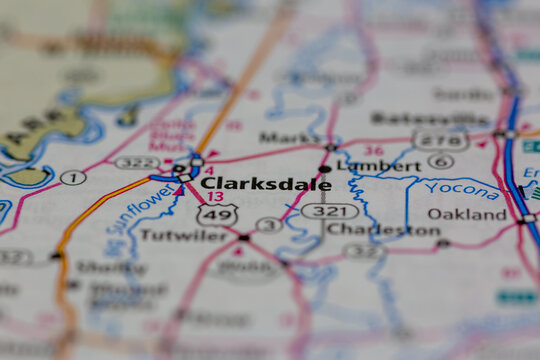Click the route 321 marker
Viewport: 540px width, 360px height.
329,211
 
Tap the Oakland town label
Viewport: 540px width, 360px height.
467,213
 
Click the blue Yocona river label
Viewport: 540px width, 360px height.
461,189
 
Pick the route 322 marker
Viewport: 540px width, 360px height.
137,162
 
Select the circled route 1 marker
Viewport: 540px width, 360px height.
73,178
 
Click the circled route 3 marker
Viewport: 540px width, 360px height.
268,225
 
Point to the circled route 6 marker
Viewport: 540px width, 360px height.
440,161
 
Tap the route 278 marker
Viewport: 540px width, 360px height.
441,141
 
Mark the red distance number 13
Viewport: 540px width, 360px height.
215,196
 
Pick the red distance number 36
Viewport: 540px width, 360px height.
373,150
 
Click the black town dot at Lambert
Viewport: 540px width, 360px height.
325,169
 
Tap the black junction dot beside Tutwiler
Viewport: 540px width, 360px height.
243,238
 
